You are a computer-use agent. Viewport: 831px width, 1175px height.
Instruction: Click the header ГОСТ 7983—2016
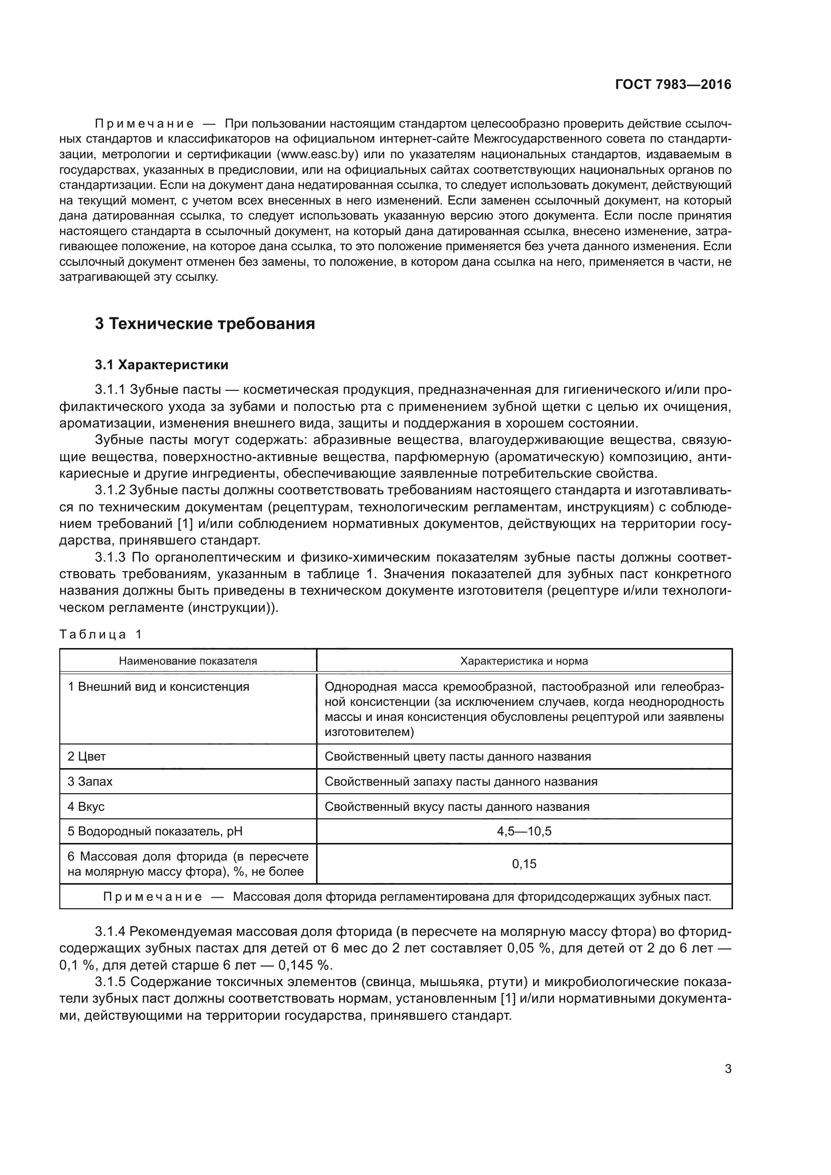pos(673,85)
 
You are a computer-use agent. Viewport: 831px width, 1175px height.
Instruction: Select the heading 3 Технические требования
pos(204,324)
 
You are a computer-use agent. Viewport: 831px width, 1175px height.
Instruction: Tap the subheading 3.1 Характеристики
pos(162,365)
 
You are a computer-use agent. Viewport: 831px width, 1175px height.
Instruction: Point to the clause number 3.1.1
pos(110,390)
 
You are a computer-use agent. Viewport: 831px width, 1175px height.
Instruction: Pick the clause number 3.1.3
pos(110,557)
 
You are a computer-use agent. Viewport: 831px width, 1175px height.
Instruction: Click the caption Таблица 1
pos(100,634)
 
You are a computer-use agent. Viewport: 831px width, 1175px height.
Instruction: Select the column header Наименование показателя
pos(188,661)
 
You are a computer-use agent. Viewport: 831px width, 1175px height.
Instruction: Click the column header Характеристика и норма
pos(524,661)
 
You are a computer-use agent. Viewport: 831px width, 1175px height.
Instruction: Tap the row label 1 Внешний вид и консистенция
pos(159,687)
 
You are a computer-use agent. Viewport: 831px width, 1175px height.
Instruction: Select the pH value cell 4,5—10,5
pos(524,831)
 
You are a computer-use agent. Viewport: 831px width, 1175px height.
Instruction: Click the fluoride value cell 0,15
pos(524,864)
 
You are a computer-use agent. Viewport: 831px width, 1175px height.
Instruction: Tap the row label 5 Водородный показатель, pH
pos(155,831)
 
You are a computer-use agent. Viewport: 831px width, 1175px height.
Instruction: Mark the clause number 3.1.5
pos(110,982)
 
